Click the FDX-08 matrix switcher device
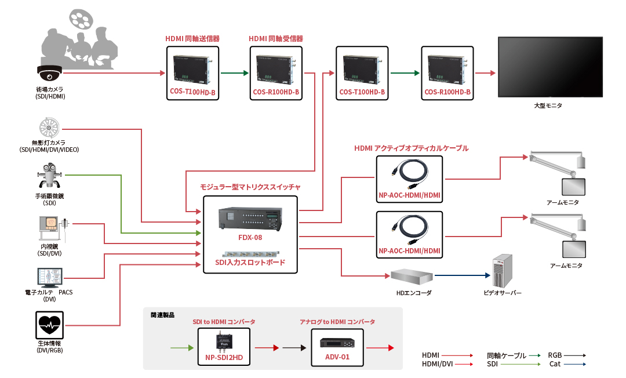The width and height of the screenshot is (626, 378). pyautogui.click(x=250, y=219)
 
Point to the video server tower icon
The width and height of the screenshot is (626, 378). pyautogui.click(x=501, y=271)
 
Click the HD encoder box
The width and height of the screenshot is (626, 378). pyautogui.click(x=412, y=277)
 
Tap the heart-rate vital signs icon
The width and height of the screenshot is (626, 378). pyautogui.click(x=49, y=325)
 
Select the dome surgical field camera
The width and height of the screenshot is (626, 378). pyautogui.click(x=49, y=72)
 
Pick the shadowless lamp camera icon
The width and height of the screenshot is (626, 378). pyautogui.click(x=49, y=128)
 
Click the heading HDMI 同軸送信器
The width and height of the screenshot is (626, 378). pyautogui.click(x=192, y=39)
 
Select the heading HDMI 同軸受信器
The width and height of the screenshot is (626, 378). pyautogui.click(x=276, y=39)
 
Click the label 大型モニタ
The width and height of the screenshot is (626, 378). pyautogui.click(x=548, y=106)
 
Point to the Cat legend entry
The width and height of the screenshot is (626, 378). pyautogui.click(x=555, y=364)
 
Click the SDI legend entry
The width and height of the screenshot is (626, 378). pyautogui.click(x=493, y=364)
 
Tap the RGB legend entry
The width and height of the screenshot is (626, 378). pyautogui.click(x=555, y=355)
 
